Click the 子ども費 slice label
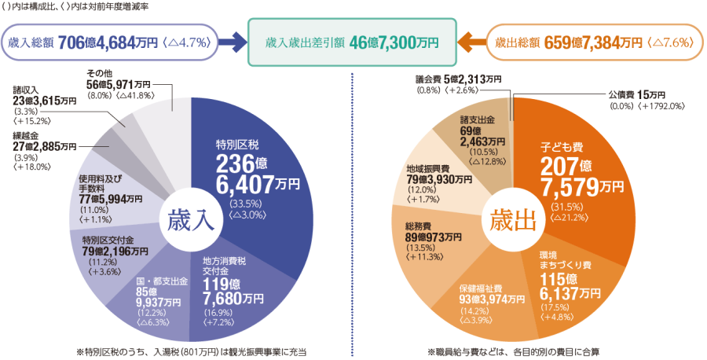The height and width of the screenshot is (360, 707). click(x=561, y=146)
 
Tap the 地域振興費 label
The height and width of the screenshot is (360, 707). click(x=427, y=169)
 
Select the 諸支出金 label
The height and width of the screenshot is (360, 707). click(x=477, y=119)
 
